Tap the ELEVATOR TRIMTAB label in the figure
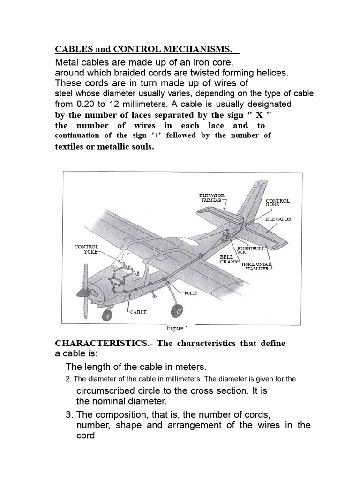(x=212, y=197)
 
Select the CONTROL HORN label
(x=277, y=202)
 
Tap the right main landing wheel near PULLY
(x=179, y=310)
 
